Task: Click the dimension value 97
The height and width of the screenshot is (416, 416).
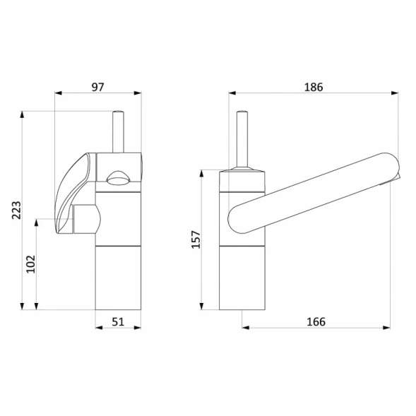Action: click(98, 87)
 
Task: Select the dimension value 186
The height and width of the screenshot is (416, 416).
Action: click(314, 87)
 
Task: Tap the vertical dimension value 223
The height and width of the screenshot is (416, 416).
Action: click(16, 210)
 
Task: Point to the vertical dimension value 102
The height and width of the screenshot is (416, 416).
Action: click(30, 264)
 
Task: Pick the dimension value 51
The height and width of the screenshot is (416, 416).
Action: click(118, 322)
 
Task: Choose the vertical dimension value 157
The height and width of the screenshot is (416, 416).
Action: click(196, 239)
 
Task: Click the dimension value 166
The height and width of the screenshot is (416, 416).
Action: click(316, 322)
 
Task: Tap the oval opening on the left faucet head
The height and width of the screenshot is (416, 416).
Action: click(118, 178)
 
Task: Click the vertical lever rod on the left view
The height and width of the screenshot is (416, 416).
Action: click(118, 132)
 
